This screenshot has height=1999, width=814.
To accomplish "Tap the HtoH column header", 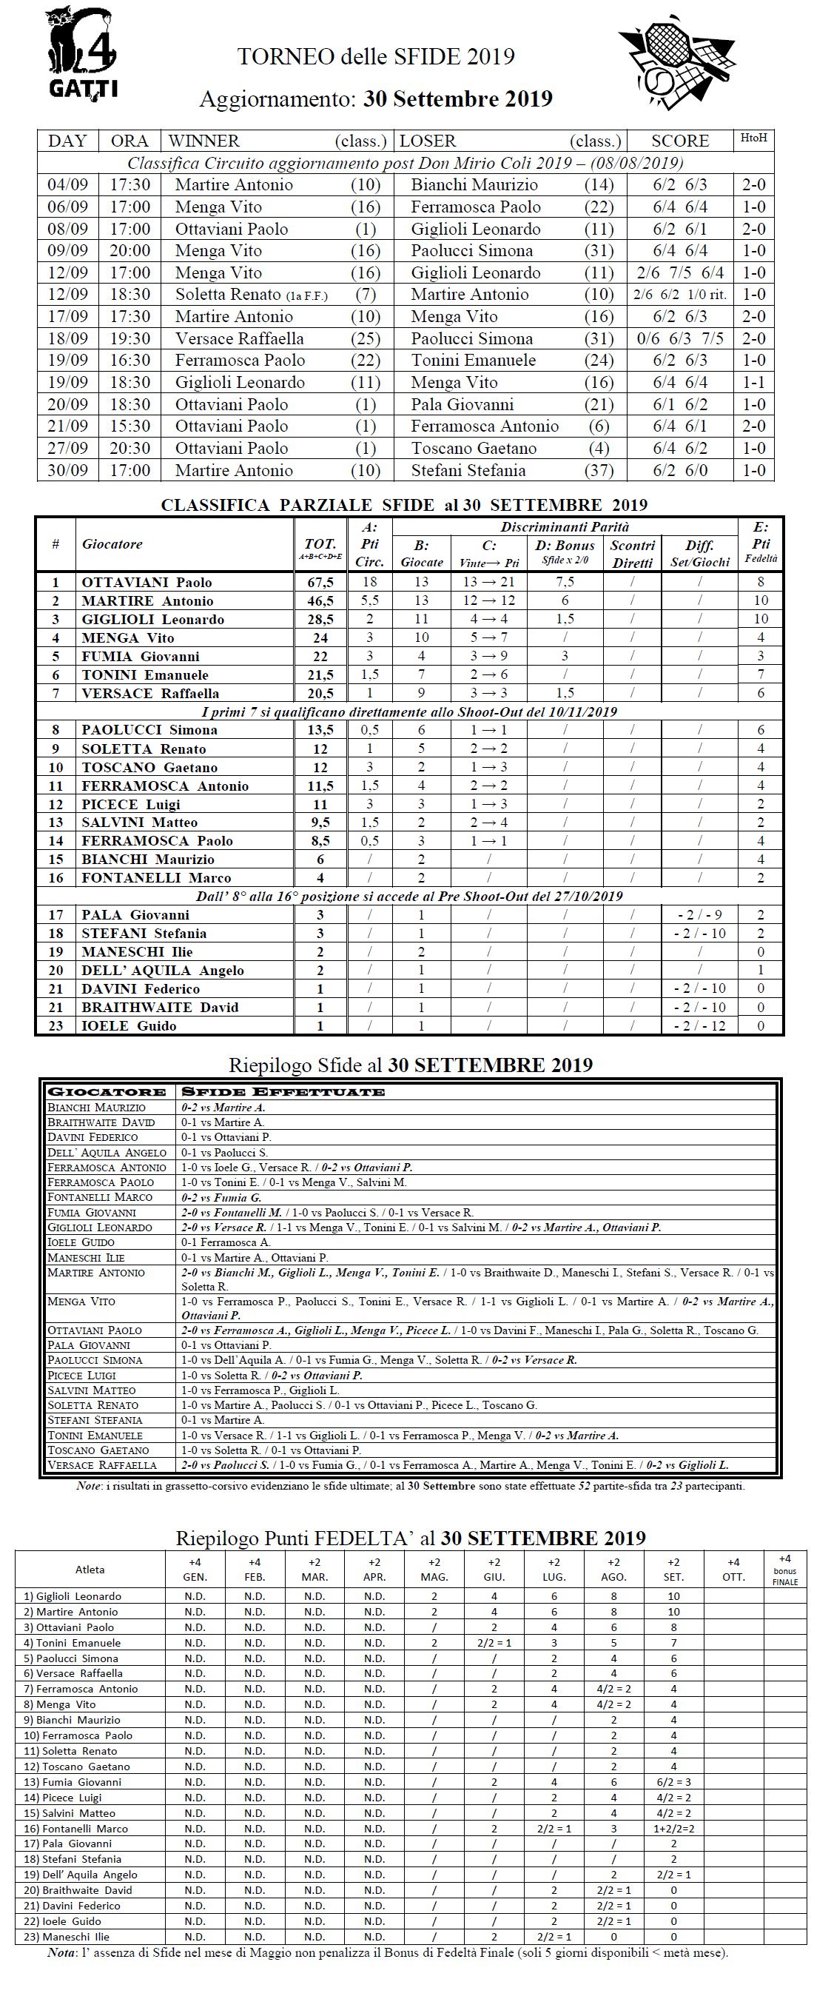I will (753, 138).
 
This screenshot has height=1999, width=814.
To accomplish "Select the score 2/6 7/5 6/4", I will (680, 272).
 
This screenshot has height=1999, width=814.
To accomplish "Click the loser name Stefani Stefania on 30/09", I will (468, 470).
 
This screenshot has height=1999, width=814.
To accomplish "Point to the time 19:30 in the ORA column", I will (129, 338).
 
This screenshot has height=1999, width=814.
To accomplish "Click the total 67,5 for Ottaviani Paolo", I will (320, 582).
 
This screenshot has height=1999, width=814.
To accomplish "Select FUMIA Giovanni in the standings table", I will (141, 657).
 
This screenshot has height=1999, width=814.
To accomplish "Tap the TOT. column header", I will (320, 545).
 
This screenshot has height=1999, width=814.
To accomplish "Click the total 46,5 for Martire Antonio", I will (320, 600).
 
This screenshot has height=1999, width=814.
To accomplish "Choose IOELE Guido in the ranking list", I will (129, 1026).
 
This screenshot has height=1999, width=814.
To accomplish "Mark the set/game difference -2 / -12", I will (699, 1026).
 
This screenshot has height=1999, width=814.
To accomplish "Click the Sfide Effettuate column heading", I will (283, 1092).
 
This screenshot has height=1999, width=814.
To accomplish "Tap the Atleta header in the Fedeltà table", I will (90, 1569).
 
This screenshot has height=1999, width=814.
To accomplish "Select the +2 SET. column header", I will (673, 1569).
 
